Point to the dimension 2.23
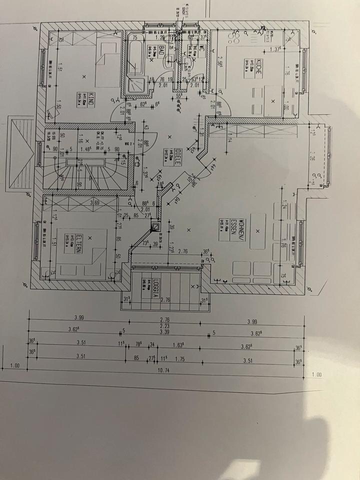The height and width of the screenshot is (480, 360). [164, 325]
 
